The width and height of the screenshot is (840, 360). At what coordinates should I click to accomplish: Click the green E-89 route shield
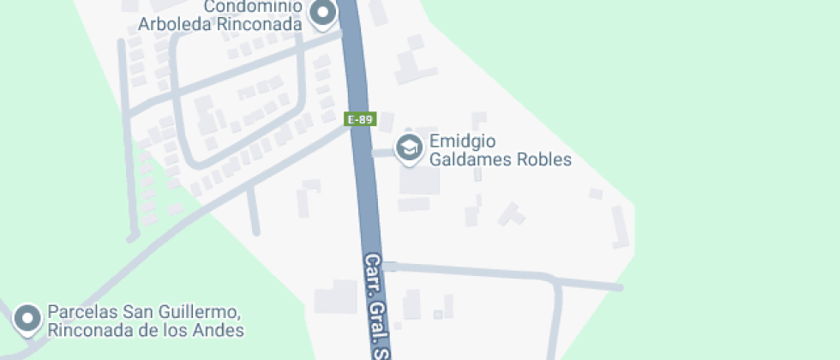click(360, 119)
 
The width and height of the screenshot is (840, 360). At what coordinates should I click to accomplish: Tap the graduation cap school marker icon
click(409, 147)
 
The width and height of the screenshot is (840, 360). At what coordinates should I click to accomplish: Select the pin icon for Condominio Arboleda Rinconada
click(323, 14)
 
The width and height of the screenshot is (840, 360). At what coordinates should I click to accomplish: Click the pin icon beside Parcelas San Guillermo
click(28, 318)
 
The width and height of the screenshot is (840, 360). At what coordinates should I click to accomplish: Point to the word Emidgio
click(464, 141)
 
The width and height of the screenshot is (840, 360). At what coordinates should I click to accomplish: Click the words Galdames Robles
click(500, 159)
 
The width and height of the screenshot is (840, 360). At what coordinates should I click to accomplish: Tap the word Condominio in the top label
click(253, 8)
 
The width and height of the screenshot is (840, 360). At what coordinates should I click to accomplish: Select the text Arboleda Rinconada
click(221, 24)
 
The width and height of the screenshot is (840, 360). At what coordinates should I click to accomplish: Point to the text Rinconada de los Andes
click(147, 330)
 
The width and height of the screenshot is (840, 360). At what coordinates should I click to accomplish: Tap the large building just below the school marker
click(419, 181)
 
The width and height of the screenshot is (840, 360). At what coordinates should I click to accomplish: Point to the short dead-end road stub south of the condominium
click(253, 210)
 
